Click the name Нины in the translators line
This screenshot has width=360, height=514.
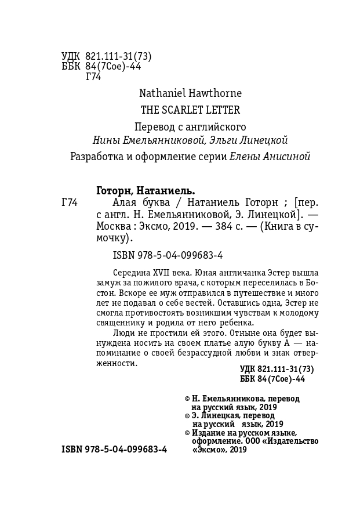point(104,140)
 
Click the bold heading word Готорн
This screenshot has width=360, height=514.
point(115,190)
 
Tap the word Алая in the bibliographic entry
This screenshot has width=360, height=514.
point(110,202)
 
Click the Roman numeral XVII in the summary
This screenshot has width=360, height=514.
point(162,273)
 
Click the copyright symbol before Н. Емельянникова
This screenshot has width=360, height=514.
point(187,399)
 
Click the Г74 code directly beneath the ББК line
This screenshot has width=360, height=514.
point(93,77)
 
